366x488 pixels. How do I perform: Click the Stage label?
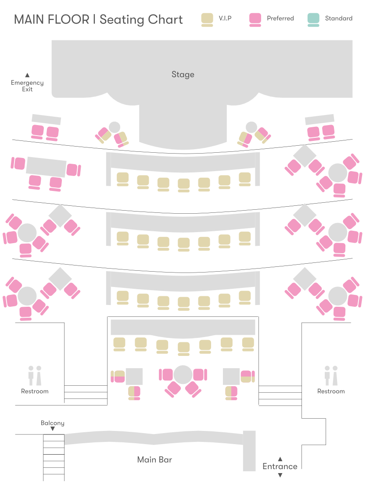click(x=183, y=75)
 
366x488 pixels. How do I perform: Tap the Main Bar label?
click(x=154, y=460)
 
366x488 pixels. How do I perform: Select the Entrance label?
click(x=280, y=466)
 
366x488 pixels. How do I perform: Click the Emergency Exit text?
click(x=27, y=86)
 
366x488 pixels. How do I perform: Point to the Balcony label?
click(x=53, y=423)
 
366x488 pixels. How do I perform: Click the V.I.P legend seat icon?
click(x=207, y=19)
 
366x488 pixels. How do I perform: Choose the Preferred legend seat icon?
click(x=255, y=19)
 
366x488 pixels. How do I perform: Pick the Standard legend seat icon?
click(x=313, y=19)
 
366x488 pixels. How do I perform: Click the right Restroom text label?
click(x=331, y=391)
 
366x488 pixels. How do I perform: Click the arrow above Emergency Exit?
click(x=27, y=75)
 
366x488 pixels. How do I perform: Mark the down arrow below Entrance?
click(x=280, y=475)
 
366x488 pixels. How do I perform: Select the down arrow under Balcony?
click(x=53, y=429)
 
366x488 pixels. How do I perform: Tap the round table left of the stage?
click(x=114, y=127)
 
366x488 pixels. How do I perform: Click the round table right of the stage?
click(x=251, y=127)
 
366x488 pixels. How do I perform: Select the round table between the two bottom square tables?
click(x=183, y=374)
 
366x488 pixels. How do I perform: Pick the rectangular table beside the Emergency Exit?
click(x=46, y=119)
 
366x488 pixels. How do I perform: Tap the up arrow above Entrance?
click(x=280, y=459)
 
